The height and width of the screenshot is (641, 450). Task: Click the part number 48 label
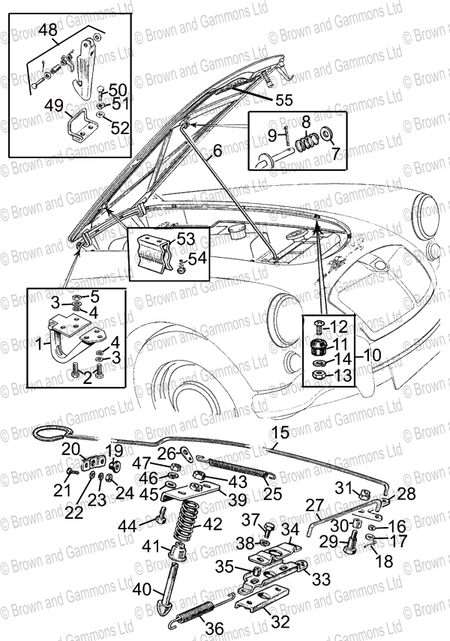pos(47,30)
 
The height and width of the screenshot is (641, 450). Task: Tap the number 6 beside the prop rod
pos(216,151)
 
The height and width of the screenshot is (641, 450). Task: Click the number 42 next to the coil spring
pos(213,525)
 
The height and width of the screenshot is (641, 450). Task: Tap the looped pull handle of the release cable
pos(51,433)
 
